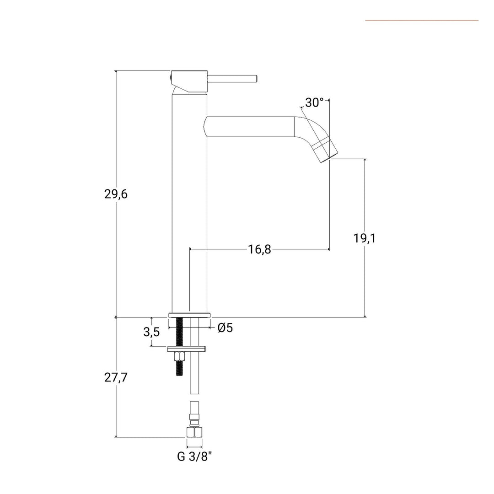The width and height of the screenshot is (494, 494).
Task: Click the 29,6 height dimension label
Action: coord(116,194)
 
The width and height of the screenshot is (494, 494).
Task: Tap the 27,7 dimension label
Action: coord(116,377)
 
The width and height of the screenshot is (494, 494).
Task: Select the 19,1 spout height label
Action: coord(364,238)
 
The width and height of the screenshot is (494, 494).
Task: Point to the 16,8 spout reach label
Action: coord(259,250)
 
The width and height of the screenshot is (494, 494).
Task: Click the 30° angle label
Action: coord(314,102)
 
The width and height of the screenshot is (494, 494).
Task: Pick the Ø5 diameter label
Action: coord(225,328)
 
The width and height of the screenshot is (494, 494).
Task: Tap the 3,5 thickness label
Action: coord(151,332)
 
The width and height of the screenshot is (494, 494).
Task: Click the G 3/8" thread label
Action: coord(194,456)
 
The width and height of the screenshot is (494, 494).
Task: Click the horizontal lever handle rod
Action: coord(232,79)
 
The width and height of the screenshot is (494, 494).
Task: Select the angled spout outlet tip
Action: coord(326,151)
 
